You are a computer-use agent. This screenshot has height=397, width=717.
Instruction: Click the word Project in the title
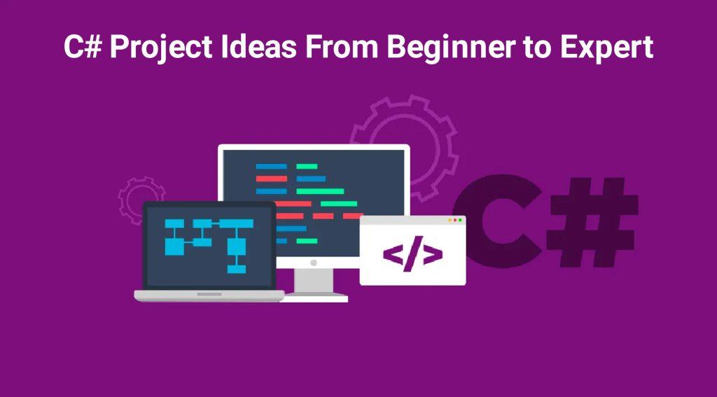tap(156, 48)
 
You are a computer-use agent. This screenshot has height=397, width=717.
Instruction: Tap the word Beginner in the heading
tap(429, 48)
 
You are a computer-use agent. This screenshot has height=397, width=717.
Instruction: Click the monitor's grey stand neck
tap(313, 279)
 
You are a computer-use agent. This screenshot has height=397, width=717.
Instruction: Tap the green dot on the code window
tap(460, 220)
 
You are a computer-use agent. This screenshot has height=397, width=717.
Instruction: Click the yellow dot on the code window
tap(449, 220)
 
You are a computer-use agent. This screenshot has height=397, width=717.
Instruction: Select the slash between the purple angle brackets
tap(413, 255)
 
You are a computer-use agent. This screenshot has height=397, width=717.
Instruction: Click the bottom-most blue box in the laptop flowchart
tap(237, 268)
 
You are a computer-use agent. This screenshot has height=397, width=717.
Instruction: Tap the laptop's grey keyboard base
tap(209, 295)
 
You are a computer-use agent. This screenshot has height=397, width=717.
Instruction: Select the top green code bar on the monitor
tap(307, 167)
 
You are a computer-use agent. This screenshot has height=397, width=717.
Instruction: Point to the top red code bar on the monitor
tap(271, 179)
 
